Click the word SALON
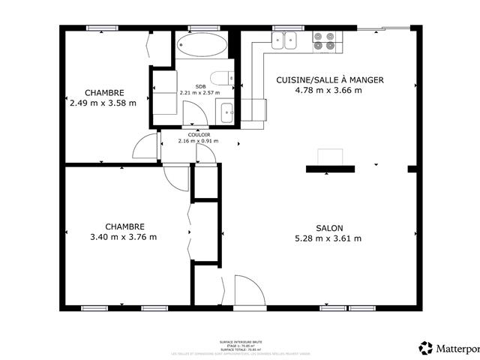coord(329,228)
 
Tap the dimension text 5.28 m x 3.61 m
coord(329,239)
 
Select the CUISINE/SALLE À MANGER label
coord(330,79)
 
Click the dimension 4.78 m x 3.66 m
coord(330,91)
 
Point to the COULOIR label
coord(198,134)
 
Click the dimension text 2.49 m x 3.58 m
coord(104,103)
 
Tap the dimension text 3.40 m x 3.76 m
coord(124,238)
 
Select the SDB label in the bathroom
coord(201,86)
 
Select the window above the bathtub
coord(199,28)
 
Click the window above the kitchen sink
coord(283,28)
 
